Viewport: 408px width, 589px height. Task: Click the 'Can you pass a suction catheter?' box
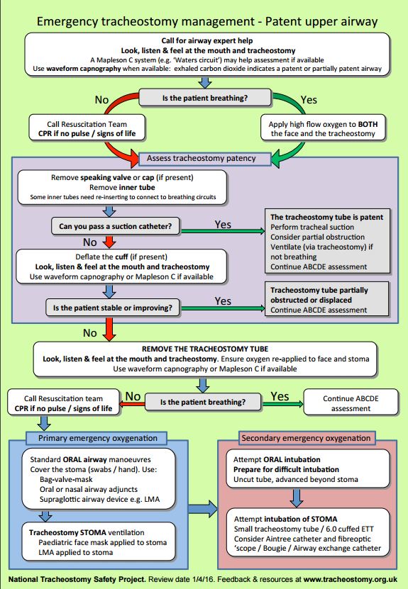116,226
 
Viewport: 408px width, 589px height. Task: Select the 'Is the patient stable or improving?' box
113,308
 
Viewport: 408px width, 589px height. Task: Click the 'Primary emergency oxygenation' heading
97,438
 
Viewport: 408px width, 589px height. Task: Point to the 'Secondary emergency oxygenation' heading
306,438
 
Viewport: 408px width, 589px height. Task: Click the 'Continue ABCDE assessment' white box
351,403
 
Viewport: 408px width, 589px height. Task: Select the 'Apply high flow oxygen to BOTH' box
323,128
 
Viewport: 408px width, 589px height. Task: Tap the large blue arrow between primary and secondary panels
203,509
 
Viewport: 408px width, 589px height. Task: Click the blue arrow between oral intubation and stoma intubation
297,498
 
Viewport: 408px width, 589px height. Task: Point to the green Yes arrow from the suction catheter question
223,230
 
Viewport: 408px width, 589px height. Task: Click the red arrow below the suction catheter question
109,242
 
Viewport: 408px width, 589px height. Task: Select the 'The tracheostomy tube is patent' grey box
327,241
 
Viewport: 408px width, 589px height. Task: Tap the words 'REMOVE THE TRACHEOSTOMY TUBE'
205,349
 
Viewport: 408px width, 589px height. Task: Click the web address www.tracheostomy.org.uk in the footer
350,579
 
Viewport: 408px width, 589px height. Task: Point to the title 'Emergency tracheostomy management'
146,21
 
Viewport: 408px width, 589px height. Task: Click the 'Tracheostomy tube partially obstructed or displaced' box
327,299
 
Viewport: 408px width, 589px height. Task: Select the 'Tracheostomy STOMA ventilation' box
99,542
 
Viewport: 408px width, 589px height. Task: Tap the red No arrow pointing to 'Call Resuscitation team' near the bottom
132,404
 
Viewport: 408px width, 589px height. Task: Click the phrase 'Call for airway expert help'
207,40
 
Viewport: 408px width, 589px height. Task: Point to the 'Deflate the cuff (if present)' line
121,257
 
